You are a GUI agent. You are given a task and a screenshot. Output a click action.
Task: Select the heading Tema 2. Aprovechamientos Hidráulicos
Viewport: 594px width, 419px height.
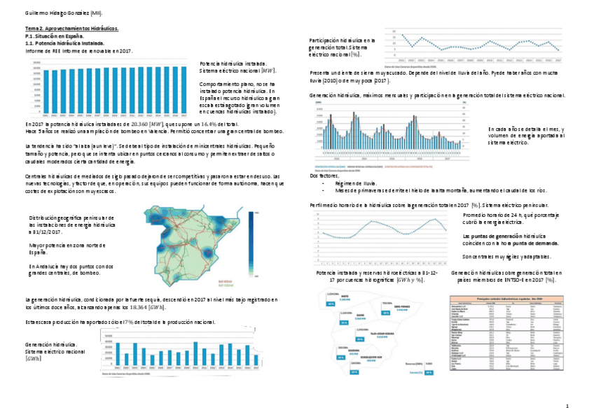click(72, 28)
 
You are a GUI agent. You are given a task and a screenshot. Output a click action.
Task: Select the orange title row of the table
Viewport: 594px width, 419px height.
click(504, 298)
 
